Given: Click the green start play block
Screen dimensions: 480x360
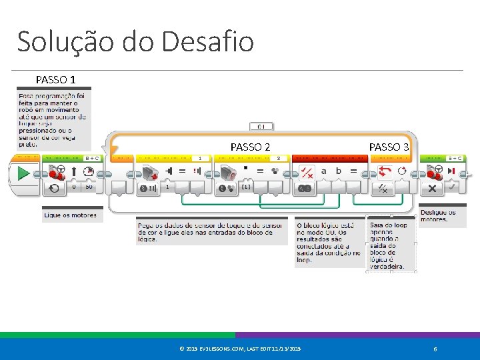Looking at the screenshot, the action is [x=23, y=175].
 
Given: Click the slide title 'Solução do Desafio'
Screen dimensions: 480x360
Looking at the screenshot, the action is [x=135, y=41].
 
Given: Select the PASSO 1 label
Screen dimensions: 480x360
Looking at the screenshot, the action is [x=55, y=80].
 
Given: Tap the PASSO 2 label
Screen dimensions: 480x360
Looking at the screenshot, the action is [x=250, y=147].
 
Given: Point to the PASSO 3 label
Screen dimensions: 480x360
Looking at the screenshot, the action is [x=389, y=147].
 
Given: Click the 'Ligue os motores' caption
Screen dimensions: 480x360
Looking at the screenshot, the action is [x=71, y=215].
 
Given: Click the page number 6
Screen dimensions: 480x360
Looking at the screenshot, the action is [x=435, y=349].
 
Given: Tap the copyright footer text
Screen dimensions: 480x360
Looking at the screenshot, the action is [x=240, y=349].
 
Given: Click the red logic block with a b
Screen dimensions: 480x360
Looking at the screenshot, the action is [x=327, y=177].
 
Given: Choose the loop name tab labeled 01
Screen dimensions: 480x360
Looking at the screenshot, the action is [x=261, y=126].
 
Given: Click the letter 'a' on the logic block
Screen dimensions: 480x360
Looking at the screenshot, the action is [x=324, y=171].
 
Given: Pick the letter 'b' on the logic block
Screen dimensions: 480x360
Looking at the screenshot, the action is [x=339, y=171].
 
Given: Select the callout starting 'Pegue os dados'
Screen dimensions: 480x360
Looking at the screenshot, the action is [x=210, y=232].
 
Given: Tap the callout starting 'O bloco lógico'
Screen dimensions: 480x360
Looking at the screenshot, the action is [x=329, y=243].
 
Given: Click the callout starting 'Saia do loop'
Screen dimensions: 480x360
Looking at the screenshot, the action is [x=391, y=243].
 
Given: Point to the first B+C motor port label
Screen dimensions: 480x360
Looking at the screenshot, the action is [x=91, y=159].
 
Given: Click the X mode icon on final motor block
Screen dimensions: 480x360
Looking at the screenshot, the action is [x=433, y=189].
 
